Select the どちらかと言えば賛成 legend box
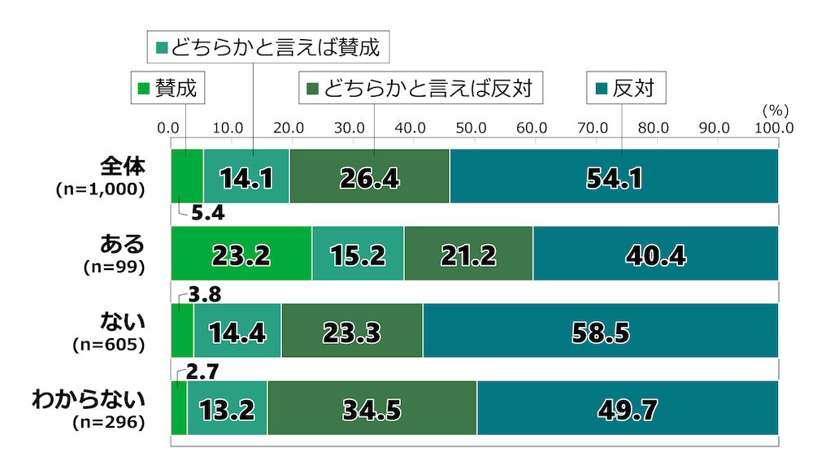[x=268, y=46]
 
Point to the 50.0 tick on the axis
[x=472, y=128]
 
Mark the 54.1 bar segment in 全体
[x=614, y=177]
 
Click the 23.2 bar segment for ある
[x=241, y=254]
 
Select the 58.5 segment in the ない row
[x=600, y=332]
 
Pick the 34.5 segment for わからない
[x=372, y=409]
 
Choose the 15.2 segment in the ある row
[x=358, y=254]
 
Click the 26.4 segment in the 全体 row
[x=369, y=177]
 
